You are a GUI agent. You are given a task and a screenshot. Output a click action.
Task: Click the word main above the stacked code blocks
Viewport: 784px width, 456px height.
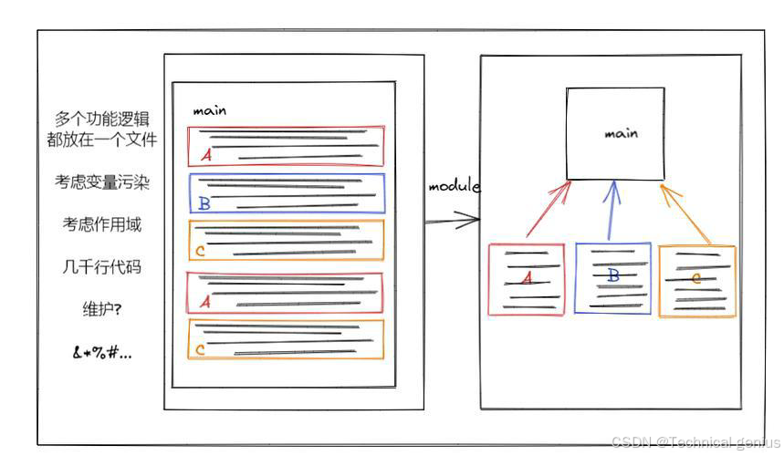click(x=209, y=111)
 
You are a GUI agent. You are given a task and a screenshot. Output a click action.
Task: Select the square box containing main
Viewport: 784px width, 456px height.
click(x=615, y=133)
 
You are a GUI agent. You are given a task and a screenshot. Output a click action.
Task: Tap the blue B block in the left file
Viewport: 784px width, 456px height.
click(x=287, y=193)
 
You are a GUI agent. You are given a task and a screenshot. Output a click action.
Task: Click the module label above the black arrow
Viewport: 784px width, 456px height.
click(x=454, y=186)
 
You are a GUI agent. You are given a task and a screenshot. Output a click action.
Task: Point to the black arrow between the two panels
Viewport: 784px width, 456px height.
click(x=453, y=220)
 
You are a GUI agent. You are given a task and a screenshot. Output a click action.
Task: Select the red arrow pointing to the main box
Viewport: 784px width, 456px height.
click(x=547, y=210)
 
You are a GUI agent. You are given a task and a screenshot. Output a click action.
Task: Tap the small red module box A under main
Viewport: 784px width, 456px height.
click(x=526, y=279)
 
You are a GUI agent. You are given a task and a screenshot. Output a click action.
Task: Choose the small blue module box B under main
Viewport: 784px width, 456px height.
click(x=613, y=277)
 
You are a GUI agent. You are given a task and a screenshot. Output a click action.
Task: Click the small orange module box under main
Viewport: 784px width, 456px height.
click(x=696, y=280)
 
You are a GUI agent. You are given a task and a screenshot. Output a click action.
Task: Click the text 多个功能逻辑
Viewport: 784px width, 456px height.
click(x=101, y=119)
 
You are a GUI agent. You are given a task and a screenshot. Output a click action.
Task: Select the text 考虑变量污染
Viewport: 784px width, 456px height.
click(x=101, y=182)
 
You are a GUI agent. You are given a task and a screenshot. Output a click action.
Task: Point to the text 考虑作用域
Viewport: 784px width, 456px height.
click(x=101, y=224)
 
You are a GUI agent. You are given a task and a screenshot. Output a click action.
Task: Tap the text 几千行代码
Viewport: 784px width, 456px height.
click(x=101, y=267)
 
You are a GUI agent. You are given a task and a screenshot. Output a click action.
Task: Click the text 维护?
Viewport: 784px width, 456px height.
click(x=101, y=309)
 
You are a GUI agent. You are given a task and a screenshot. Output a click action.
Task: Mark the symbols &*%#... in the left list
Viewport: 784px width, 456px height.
click(x=101, y=352)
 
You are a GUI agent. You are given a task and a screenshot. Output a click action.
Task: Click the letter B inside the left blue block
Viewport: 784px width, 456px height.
click(x=204, y=203)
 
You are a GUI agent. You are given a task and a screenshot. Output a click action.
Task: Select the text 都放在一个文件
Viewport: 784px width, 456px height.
click(x=101, y=140)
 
